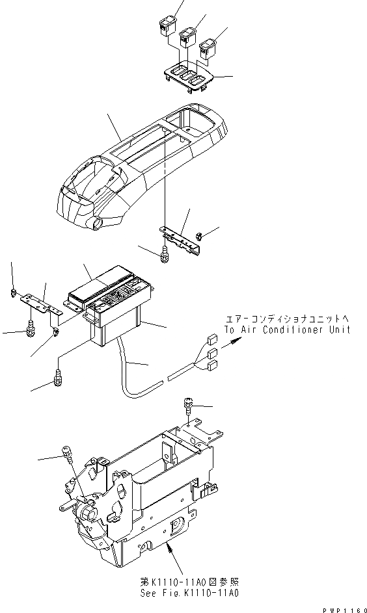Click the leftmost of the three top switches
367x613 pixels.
tap(165, 29)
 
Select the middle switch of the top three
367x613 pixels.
tap(189, 37)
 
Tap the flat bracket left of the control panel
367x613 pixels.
tap(38, 300)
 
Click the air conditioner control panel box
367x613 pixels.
tap(111, 306)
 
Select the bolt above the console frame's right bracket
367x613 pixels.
tap(187, 406)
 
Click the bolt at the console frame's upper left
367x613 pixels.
tap(66, 452)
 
